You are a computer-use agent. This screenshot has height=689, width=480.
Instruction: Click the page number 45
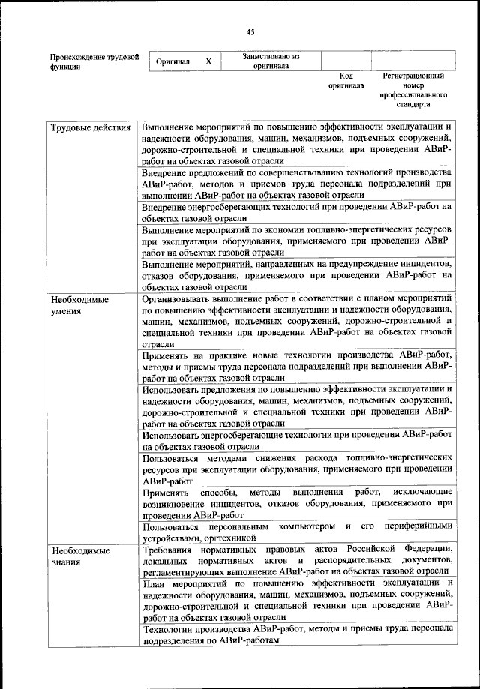click(250, 31)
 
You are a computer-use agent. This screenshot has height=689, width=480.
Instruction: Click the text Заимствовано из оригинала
click(271, 61)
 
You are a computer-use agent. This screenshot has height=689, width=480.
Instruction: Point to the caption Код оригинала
click(346, 81)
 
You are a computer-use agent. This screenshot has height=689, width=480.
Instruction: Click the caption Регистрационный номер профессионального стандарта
click(412, 91)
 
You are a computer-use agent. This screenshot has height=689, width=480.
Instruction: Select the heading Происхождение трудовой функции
click(94, 61)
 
